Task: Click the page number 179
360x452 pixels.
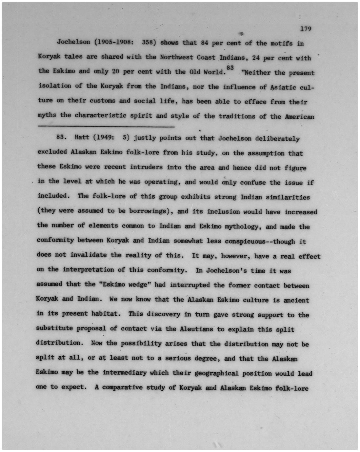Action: coord(305,29)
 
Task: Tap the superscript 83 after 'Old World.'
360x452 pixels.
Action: coord(230,68)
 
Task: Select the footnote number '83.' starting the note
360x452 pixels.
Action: coord(62,137)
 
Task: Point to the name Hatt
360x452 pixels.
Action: coord(82,137)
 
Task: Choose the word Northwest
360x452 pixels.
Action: coord(176,57)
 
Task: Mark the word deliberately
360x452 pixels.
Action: coord(277,139)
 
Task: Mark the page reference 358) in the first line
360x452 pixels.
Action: coord(149,43)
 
